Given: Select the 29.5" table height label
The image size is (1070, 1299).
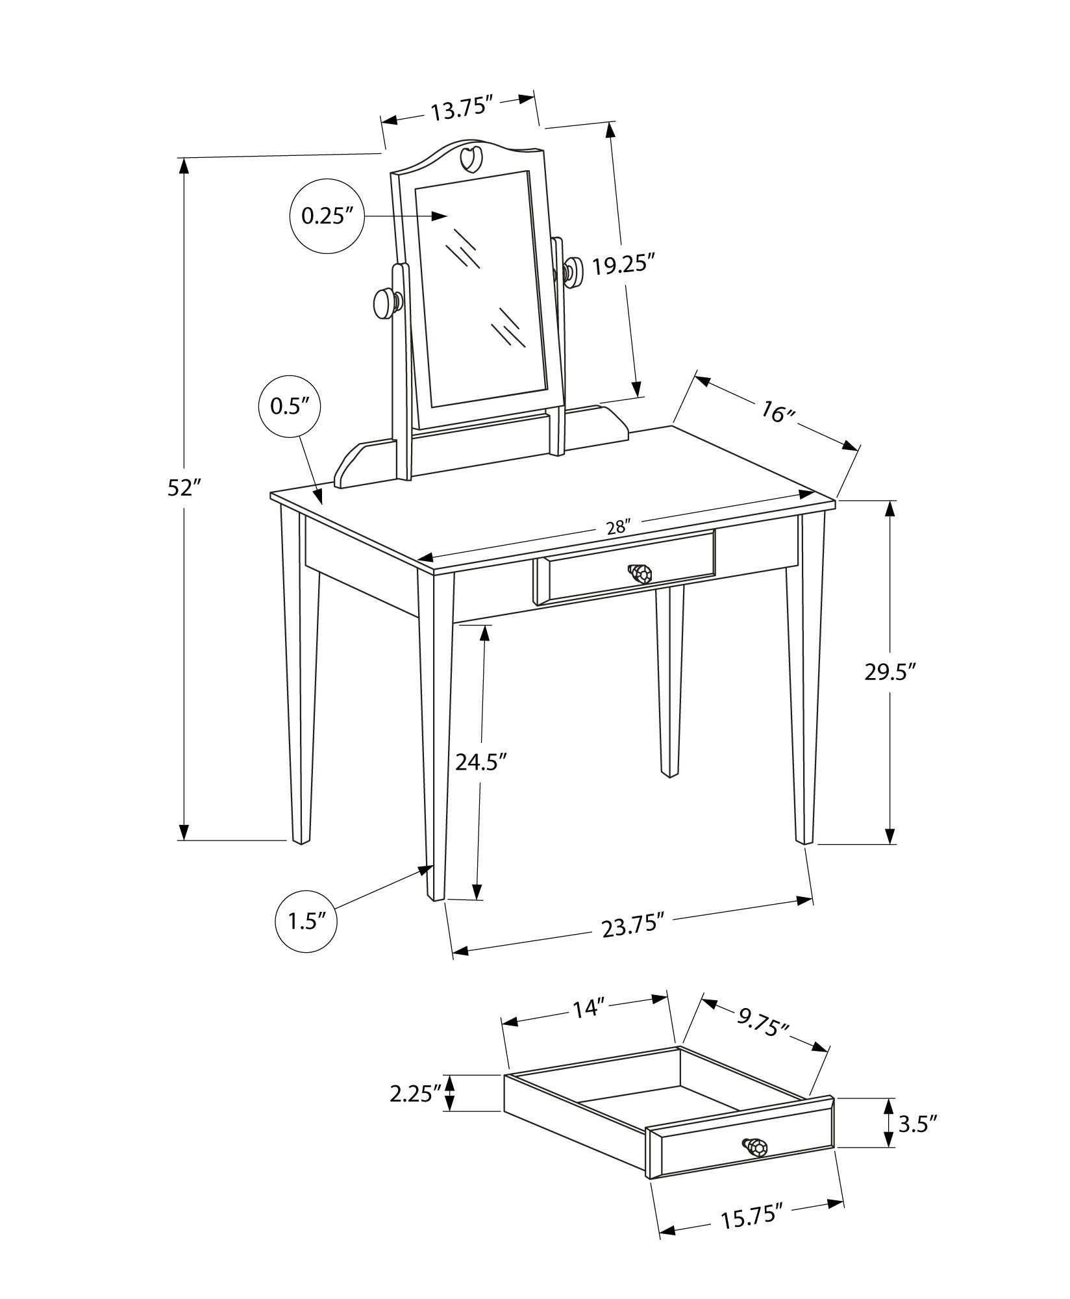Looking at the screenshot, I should [x=890, y=672].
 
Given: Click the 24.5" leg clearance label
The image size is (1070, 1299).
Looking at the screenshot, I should [x=481, y=761].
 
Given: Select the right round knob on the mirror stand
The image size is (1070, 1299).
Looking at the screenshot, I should [x=573, y=271].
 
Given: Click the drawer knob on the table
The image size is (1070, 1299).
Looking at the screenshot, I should [x=640, y=573].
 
